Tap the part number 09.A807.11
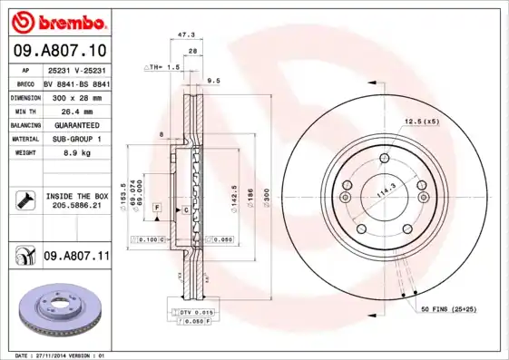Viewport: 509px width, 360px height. (x=76, y=257)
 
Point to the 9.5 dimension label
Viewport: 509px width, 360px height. (x=213, y=81)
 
